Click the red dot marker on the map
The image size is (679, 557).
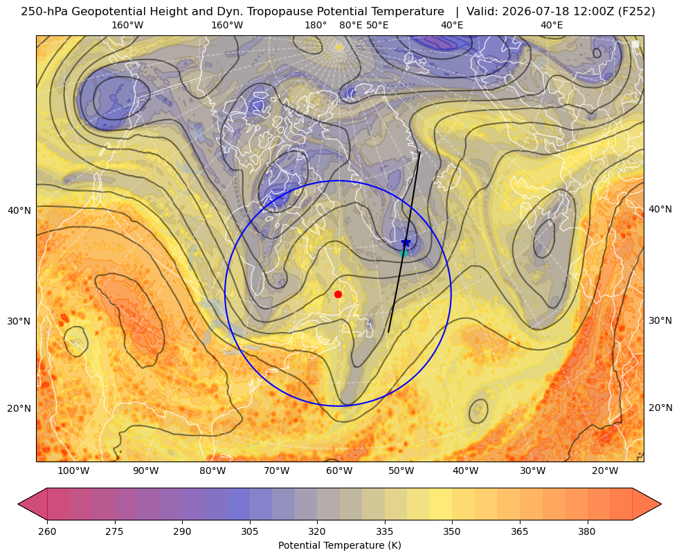click(x=338, y=294)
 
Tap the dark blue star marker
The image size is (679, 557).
click(x=406, y=242)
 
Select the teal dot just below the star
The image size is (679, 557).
click(x=404, y=253)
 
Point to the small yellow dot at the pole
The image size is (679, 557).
click(x=339, y=47)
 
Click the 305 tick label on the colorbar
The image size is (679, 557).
click(x=250, y=531)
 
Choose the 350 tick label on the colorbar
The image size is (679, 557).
click(x=452, y=531)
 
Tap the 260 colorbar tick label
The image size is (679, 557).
click(x=47, y=531)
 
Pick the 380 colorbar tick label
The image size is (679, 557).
click(x=587, y=531)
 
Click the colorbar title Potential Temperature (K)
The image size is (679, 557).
click(x=339, y=545)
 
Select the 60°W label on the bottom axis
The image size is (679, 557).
click(x=339, y=471)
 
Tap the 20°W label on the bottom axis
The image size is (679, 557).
click(x=605, y=471)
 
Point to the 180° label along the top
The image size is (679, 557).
click(x=316, y=25)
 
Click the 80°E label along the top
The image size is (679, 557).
click(x=351, y=25)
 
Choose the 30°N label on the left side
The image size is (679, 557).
click(x=19, y=321)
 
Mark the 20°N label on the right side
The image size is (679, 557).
click(x=660, y=408)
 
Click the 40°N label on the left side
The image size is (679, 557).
click(x=19, y=210)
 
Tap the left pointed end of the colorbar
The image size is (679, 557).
click(x=18, y=504)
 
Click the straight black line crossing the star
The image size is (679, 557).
click(x=404, y=242)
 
